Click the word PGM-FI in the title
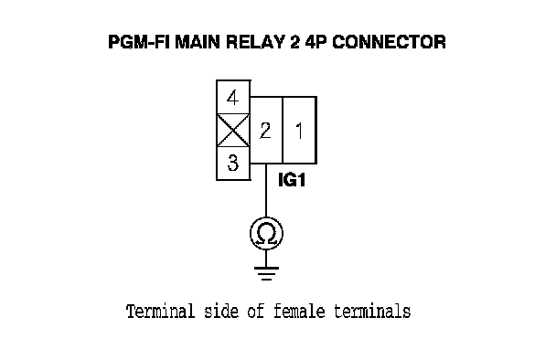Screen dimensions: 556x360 pos(139,42)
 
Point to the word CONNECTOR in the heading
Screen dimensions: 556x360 pos(389,42)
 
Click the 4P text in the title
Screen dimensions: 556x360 pos(315,42)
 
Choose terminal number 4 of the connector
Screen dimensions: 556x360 pos(233,98)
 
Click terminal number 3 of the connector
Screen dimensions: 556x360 pos(233,163)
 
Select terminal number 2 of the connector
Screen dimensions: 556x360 pos(266,130)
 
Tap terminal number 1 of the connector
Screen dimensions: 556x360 pos(300,130)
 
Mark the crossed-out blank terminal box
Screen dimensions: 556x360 pos(233,130)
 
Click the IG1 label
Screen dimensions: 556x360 pos(292,180)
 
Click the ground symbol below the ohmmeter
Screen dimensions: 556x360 pos(267,273)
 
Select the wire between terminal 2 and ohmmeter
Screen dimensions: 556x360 pos(266,190)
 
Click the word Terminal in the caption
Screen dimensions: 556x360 pos(160,312)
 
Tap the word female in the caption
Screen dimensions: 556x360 pos(299,312)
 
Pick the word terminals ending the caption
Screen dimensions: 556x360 pos(372,312)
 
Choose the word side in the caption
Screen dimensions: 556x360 pos(221,312)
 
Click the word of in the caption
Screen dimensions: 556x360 pos(256,312)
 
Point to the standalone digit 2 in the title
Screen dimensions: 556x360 pos(295,42)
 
